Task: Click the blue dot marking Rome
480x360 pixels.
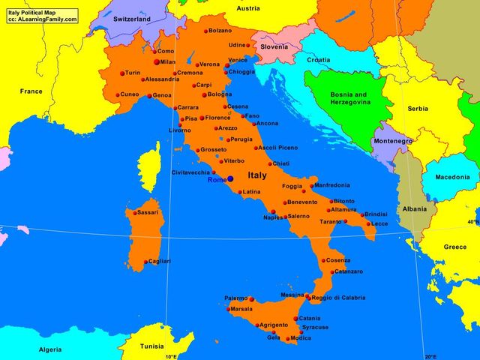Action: [x=230, y=178]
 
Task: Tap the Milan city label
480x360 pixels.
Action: [x=167, y=62]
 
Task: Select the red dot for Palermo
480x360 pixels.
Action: [x=251, y=299]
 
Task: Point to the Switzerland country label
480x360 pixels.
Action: [x=132, y=19]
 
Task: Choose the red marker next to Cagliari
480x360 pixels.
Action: [x=145, y=262]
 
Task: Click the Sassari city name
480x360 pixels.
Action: [x=148, y=213]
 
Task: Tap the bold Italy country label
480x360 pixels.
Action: [x=256, y=175]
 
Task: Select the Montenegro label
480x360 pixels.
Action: [x=393, y=141]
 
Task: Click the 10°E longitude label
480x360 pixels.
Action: [x=171, y=355]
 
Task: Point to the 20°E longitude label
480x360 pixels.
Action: [x=430, y=355]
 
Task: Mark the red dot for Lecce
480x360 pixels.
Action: [x=368, y=223]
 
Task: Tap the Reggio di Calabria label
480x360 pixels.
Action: [x=338, y=298]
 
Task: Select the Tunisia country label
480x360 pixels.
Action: [x=152, y=346]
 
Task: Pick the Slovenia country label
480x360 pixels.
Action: [x=274, y=46]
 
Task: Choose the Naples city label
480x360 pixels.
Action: [x=272, y=217]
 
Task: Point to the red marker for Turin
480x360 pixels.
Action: [x=122, y=73]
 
